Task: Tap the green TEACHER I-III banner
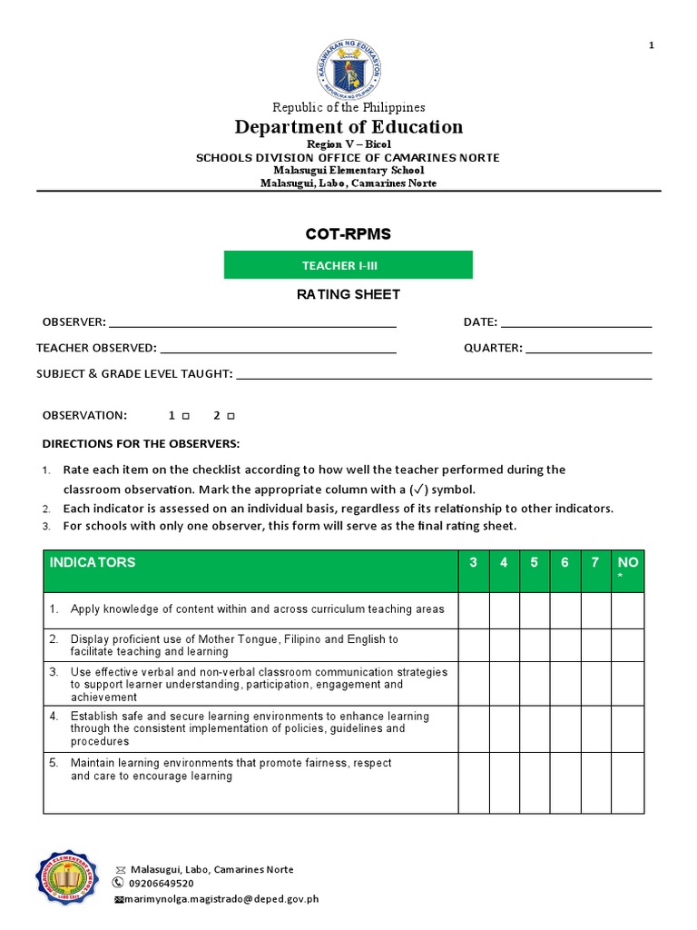348,264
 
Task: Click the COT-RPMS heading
348,234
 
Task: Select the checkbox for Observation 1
185,416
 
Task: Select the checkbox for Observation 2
231,416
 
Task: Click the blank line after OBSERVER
252,322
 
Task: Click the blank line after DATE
576,322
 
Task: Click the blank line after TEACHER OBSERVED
278,348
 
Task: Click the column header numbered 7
595,562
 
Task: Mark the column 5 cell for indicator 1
535,609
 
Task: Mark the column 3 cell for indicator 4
474,728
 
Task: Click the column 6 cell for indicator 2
564,645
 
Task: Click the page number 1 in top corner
652,46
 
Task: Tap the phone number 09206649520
161,883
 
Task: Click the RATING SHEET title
348,294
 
